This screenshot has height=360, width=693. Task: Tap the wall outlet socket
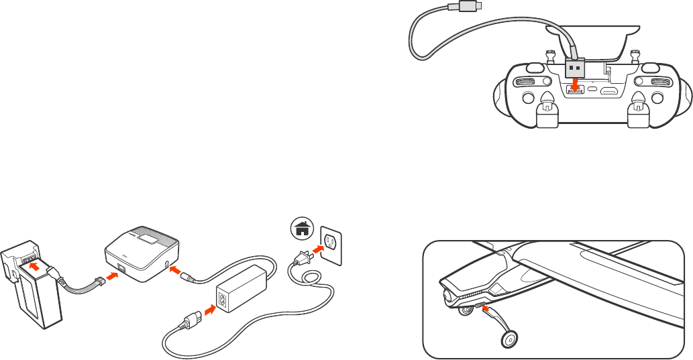pos(330,242)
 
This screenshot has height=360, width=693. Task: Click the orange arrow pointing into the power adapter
pos(209,310)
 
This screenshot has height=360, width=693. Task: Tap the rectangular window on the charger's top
pos(150,237)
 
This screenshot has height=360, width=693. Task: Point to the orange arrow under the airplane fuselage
pos(486,310)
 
